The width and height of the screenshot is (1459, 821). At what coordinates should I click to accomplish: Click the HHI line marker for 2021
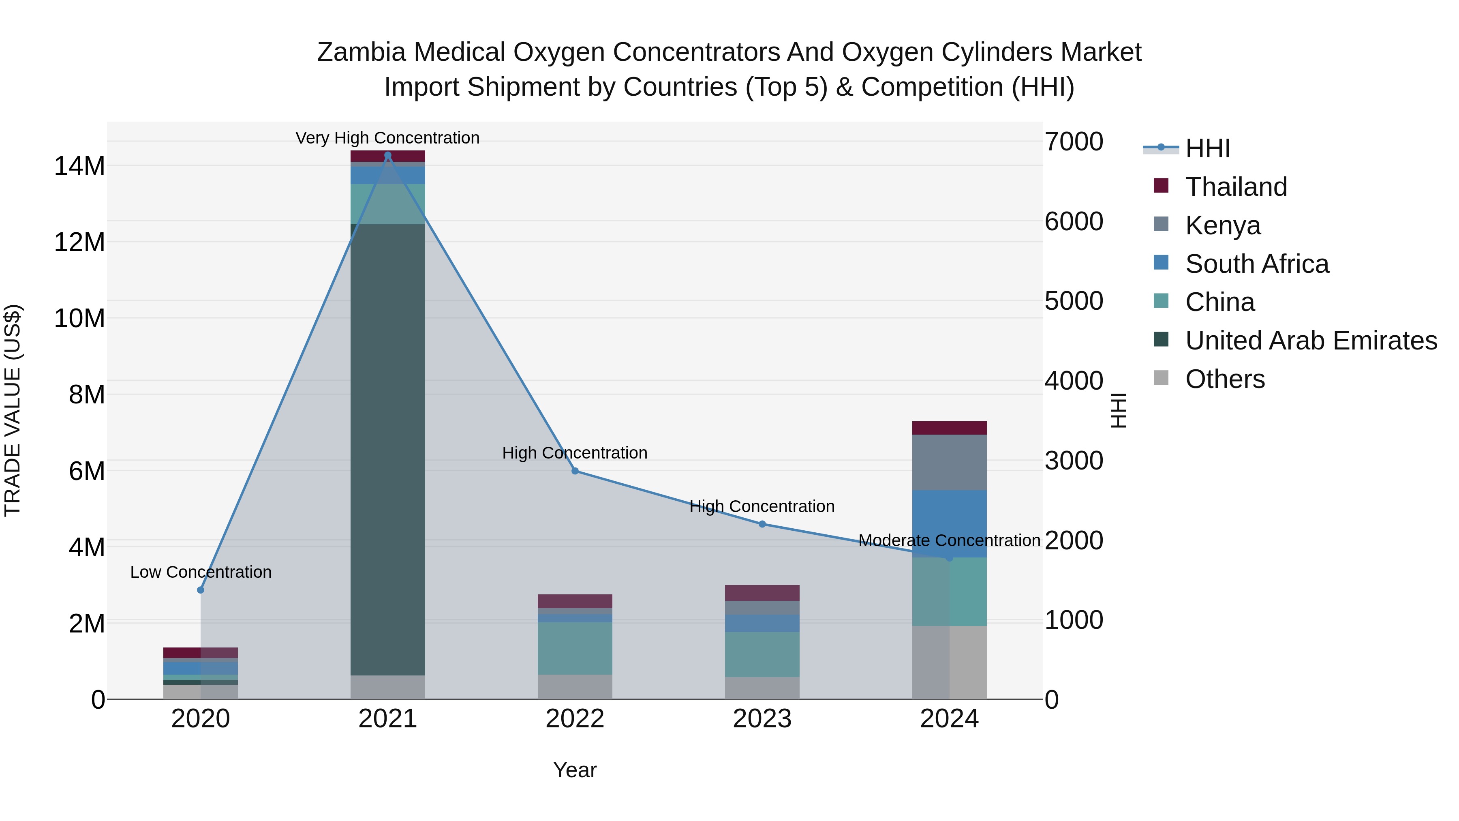[388, 155]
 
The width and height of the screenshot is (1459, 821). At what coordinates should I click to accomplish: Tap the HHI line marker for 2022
[575, 471]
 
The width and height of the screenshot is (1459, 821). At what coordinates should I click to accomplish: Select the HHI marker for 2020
[201, 590]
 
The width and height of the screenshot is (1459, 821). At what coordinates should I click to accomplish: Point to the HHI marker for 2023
[762, 524]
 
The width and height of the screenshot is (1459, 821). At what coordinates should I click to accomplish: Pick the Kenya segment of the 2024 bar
[949, 462]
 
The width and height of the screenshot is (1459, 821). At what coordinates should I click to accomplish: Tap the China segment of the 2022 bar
[575, 648]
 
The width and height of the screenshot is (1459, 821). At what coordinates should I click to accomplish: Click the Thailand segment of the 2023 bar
[762, 593]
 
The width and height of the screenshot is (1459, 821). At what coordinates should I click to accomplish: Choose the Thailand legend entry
[1236, 187]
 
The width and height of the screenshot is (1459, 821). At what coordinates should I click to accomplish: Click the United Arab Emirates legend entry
[1311, 341]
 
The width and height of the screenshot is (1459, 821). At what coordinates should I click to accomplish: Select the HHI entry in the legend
[1207, 148]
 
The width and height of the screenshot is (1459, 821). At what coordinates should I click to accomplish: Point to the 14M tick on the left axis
[79, 166]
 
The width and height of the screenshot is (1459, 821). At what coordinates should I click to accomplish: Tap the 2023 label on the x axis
[762, 719]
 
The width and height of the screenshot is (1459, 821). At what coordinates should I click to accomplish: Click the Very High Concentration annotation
[387, 138]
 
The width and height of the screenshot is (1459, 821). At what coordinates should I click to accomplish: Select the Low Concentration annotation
[201, 572]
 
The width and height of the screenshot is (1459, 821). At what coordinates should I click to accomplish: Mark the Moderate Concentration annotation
[949, 540]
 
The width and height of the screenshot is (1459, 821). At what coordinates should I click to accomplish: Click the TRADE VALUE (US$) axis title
[13, 410]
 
